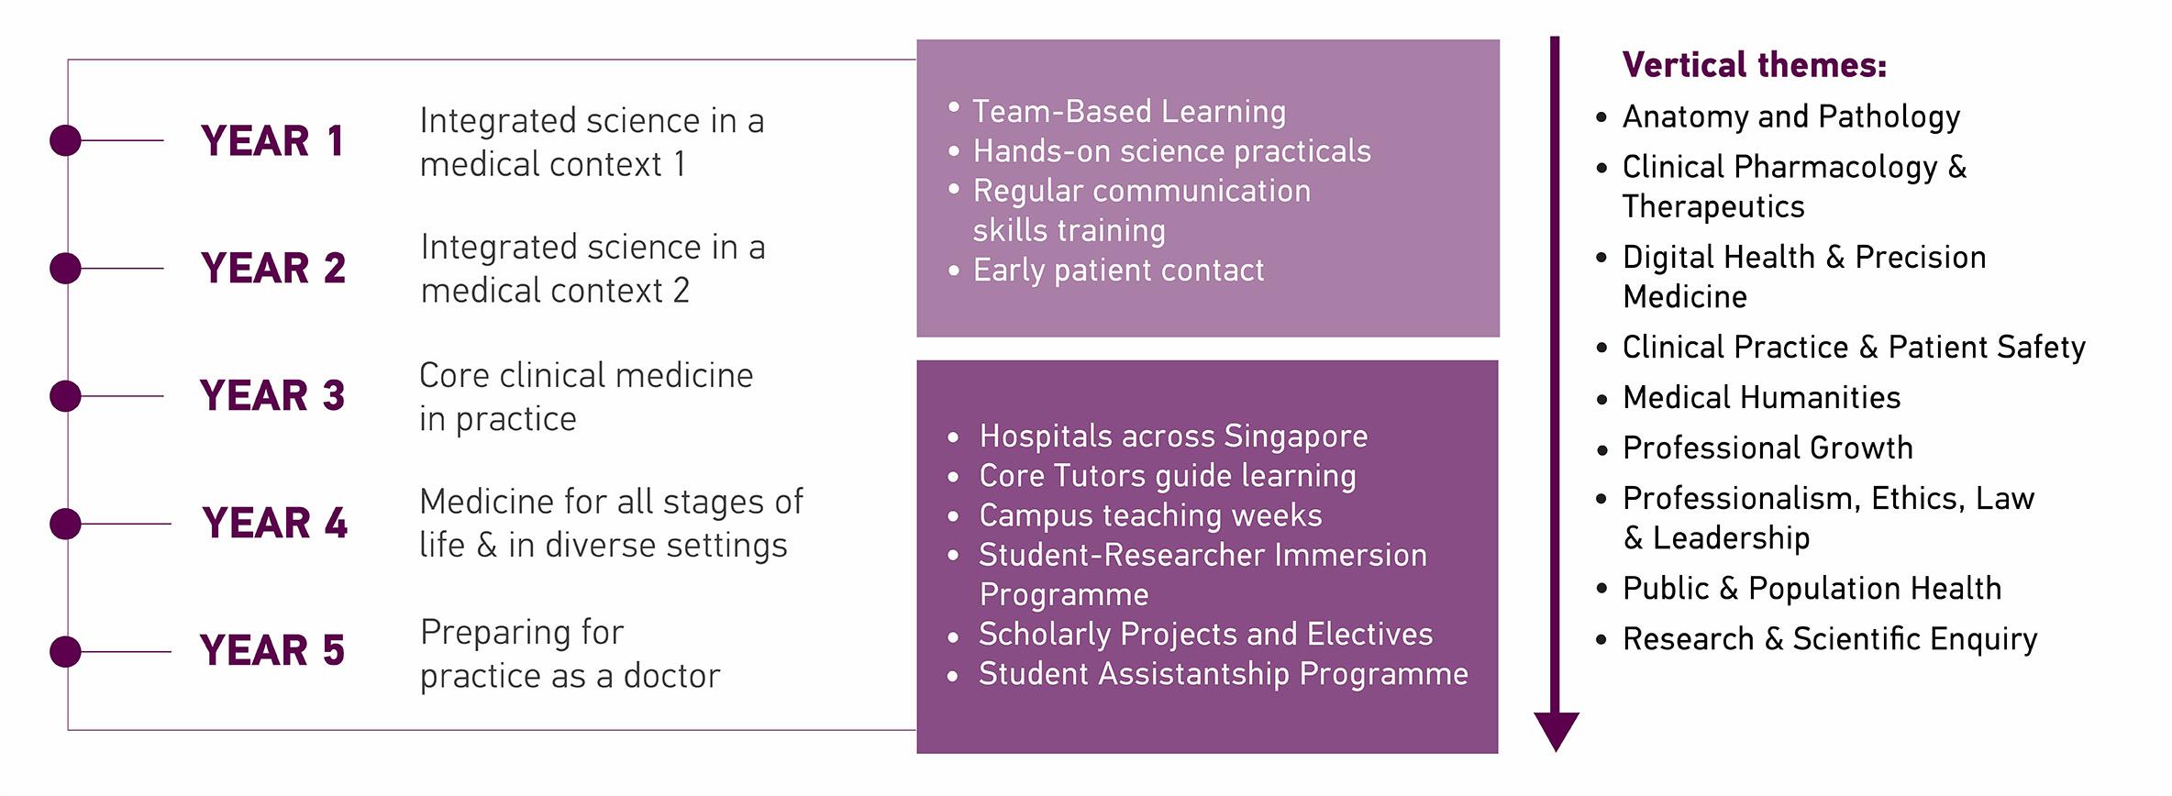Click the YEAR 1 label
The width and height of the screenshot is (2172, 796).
tap(271, 141)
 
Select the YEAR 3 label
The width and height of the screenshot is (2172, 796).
tap(271, 396)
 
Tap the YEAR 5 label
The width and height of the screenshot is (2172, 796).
tap(271, 651)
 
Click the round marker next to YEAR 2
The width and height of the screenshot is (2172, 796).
tap(65, 269)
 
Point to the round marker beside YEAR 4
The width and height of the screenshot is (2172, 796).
tap(65, 524)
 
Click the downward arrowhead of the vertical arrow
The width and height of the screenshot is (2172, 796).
tap(1557, 731)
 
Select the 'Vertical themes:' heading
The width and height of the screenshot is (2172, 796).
tap(1754, 65)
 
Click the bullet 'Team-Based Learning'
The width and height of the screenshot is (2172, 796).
tap(1128, 111)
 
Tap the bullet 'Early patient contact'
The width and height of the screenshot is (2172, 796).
tap(1117, 271)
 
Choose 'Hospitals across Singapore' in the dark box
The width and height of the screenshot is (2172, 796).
tap(1172, 437)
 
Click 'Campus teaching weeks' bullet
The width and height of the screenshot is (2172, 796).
tap(1150, 515)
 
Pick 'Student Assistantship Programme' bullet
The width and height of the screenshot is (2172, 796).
tap(1223, 674)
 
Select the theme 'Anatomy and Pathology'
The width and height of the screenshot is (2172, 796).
tap(1790, 116)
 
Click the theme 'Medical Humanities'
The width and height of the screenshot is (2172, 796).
tap(1761, 397)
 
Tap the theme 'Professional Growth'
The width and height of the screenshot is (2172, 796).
tap(1768, 448)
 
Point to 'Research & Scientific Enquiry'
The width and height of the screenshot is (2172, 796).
tap(1829, 639)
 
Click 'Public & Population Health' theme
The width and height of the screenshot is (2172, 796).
tap(1812, 589)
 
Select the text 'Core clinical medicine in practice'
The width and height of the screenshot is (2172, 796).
tap(585, 396)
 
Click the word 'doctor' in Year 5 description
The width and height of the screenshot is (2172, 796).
tap(671, 676)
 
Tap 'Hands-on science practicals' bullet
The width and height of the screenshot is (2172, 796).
tap(1171, 151)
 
